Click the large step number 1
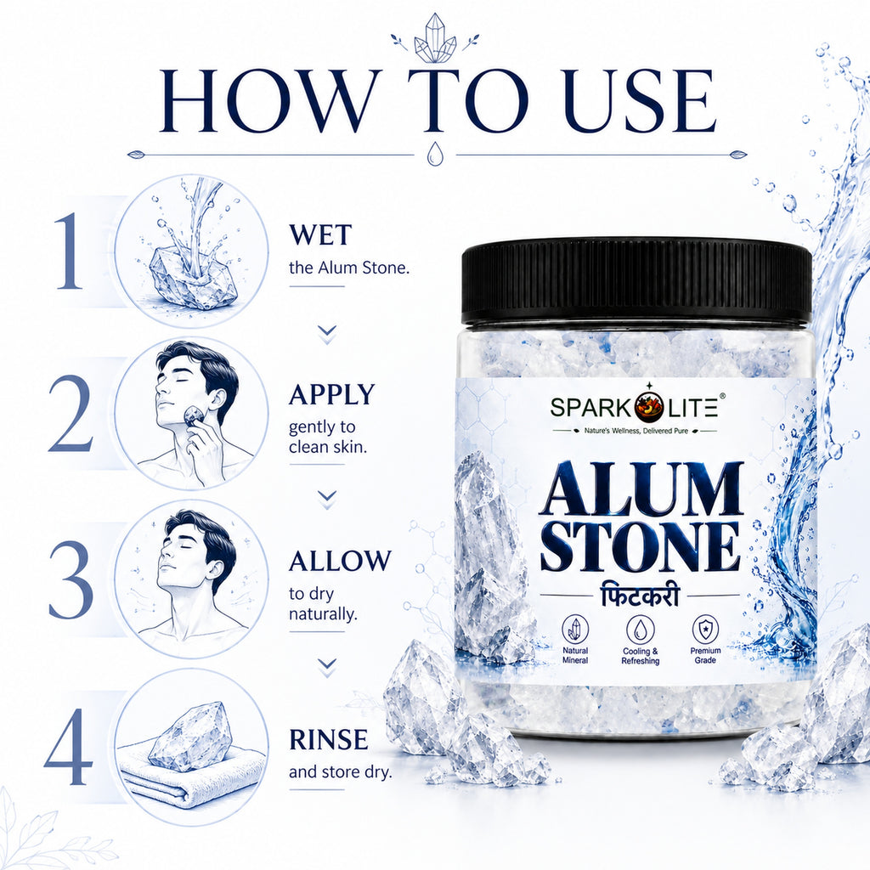coord(71,251)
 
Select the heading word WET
coord(320,234)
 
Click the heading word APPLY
coord(332,394)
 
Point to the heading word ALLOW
coord(340,561)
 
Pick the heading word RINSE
coord(329,740)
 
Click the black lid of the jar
coord(636,282)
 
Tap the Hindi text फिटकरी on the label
coord(640,596)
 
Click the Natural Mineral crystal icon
coord(575,630)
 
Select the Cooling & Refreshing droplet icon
coord(641,630)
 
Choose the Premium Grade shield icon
coord(705,630)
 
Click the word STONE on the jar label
coord(640,546)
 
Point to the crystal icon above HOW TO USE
coord(435,39)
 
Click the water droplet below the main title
coord(435,154)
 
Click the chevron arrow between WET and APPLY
coord(327,332)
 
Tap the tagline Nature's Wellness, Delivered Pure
coord(636,431)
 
